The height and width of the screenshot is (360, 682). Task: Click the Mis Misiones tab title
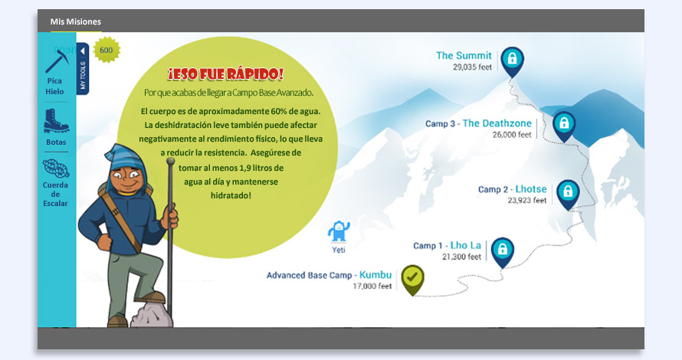[76, 21]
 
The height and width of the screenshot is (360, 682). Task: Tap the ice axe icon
[57, 61]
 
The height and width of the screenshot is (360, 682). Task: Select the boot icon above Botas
[56, 120]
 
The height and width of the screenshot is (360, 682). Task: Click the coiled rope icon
[56, 169]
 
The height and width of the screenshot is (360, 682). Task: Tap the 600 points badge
[106, 50]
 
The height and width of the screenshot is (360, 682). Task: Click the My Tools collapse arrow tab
[83, 69]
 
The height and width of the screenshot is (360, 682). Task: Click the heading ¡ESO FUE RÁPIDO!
[226, 74]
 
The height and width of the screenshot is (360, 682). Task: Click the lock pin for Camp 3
[564, 126]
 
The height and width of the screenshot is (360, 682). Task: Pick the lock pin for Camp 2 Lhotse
[568, 194]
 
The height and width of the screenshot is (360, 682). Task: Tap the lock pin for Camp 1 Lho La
[503, 252]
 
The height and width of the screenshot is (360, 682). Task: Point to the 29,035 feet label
[472, 67]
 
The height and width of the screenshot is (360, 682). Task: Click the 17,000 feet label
[372, 286]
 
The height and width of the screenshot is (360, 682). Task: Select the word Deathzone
[504, 123]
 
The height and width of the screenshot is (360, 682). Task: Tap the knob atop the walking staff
[170, 161]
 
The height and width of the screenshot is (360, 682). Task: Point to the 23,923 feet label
[527, 201]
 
